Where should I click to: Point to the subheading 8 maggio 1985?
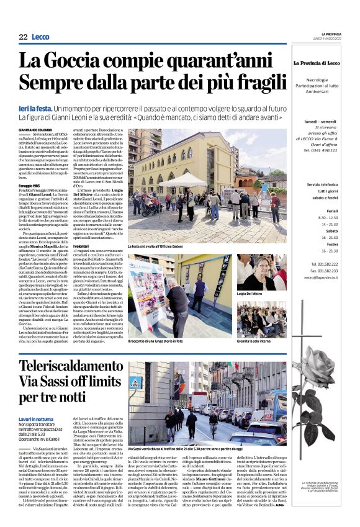(32, 185)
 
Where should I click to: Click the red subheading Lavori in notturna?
(36, 420)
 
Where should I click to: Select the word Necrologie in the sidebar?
(317, 79)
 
